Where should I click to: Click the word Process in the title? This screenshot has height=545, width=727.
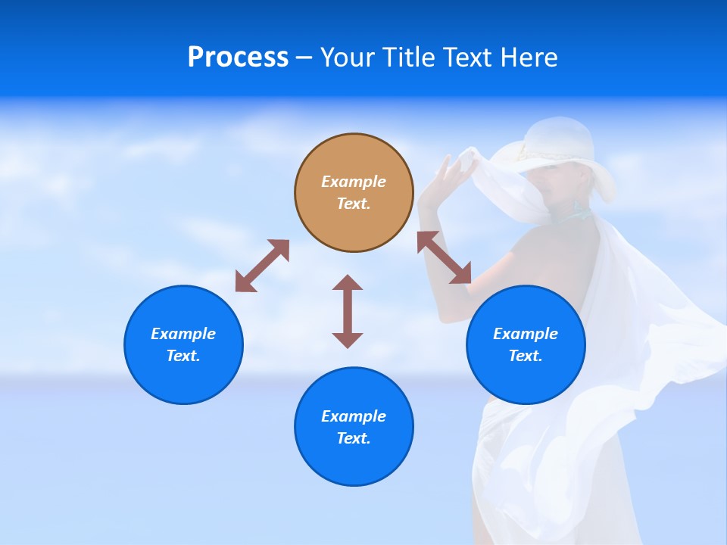click(x=238, y=58)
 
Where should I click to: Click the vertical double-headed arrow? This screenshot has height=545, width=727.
click(x=348, y=312)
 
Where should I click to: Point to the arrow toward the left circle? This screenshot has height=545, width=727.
click(x=262, y=266)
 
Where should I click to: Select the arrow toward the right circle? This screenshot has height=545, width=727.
click(x=445, y=258)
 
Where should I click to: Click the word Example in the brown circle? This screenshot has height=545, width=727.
click(x=354, y=182)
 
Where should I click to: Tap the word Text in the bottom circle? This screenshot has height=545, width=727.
click(x=354, y=438)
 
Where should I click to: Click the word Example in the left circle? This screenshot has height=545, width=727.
click(x=183, y=334)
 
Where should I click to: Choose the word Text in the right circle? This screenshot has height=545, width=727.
click(x=526, y=356)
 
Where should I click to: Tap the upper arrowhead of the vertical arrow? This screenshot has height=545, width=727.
click(x=348, y=282)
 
